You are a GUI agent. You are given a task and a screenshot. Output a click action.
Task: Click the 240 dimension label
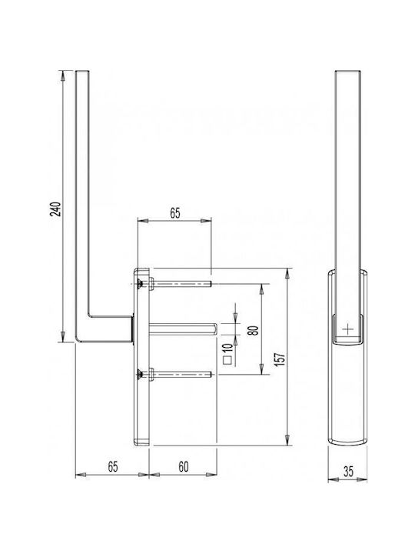click(57, 209)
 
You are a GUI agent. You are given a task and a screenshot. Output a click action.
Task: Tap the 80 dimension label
click(254, 330)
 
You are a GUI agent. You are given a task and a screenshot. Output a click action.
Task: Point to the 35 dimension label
click(348, 472)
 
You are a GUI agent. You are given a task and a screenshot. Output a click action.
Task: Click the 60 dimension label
click(184, 467)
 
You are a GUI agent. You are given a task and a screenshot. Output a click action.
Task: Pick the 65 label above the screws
click(175, 213)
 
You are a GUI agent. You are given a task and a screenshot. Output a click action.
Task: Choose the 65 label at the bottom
click(112, 467)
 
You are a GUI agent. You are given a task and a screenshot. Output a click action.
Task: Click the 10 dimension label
click(228, 348)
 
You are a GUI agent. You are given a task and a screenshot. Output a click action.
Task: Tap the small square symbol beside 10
click(228, 360)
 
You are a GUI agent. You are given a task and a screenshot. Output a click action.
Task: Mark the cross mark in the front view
click(348, 329)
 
